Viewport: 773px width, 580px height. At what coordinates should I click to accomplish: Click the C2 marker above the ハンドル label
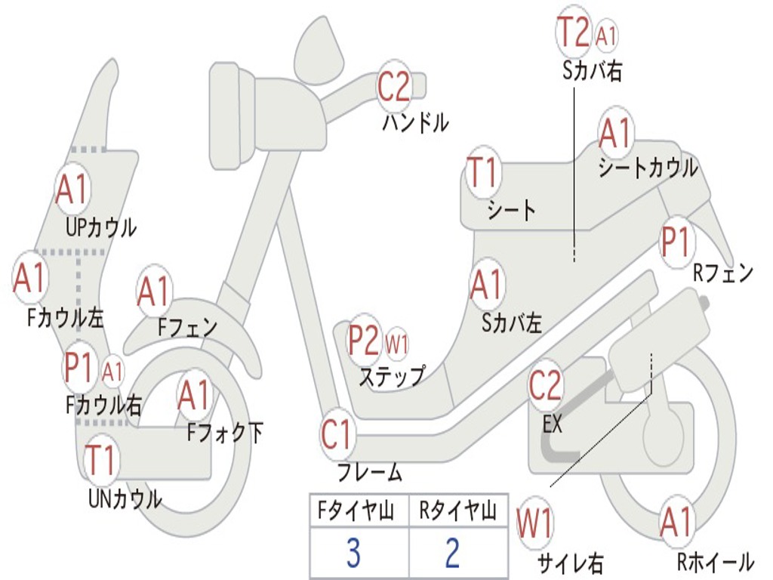tap(393, 87)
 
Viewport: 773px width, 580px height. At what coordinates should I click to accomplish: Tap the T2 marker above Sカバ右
tap(574, 32)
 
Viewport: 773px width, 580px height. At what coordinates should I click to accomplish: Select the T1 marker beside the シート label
tap(483, 172)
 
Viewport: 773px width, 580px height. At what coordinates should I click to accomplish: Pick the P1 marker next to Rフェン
tap(675, 242)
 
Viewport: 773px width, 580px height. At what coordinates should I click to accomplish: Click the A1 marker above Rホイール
tap(676, 523)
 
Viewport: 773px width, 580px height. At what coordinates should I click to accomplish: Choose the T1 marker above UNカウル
tap(100, 460)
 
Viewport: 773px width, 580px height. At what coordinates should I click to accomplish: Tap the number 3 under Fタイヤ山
tap(353, 554)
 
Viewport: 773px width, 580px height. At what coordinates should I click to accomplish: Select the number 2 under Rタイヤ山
tap(453, 554)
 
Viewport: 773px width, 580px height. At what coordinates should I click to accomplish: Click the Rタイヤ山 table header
tap(457, 511)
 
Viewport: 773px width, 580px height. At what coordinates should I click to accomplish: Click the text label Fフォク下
tap(225, 433)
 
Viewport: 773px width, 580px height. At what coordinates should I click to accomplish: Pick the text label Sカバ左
tap(512, 323)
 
